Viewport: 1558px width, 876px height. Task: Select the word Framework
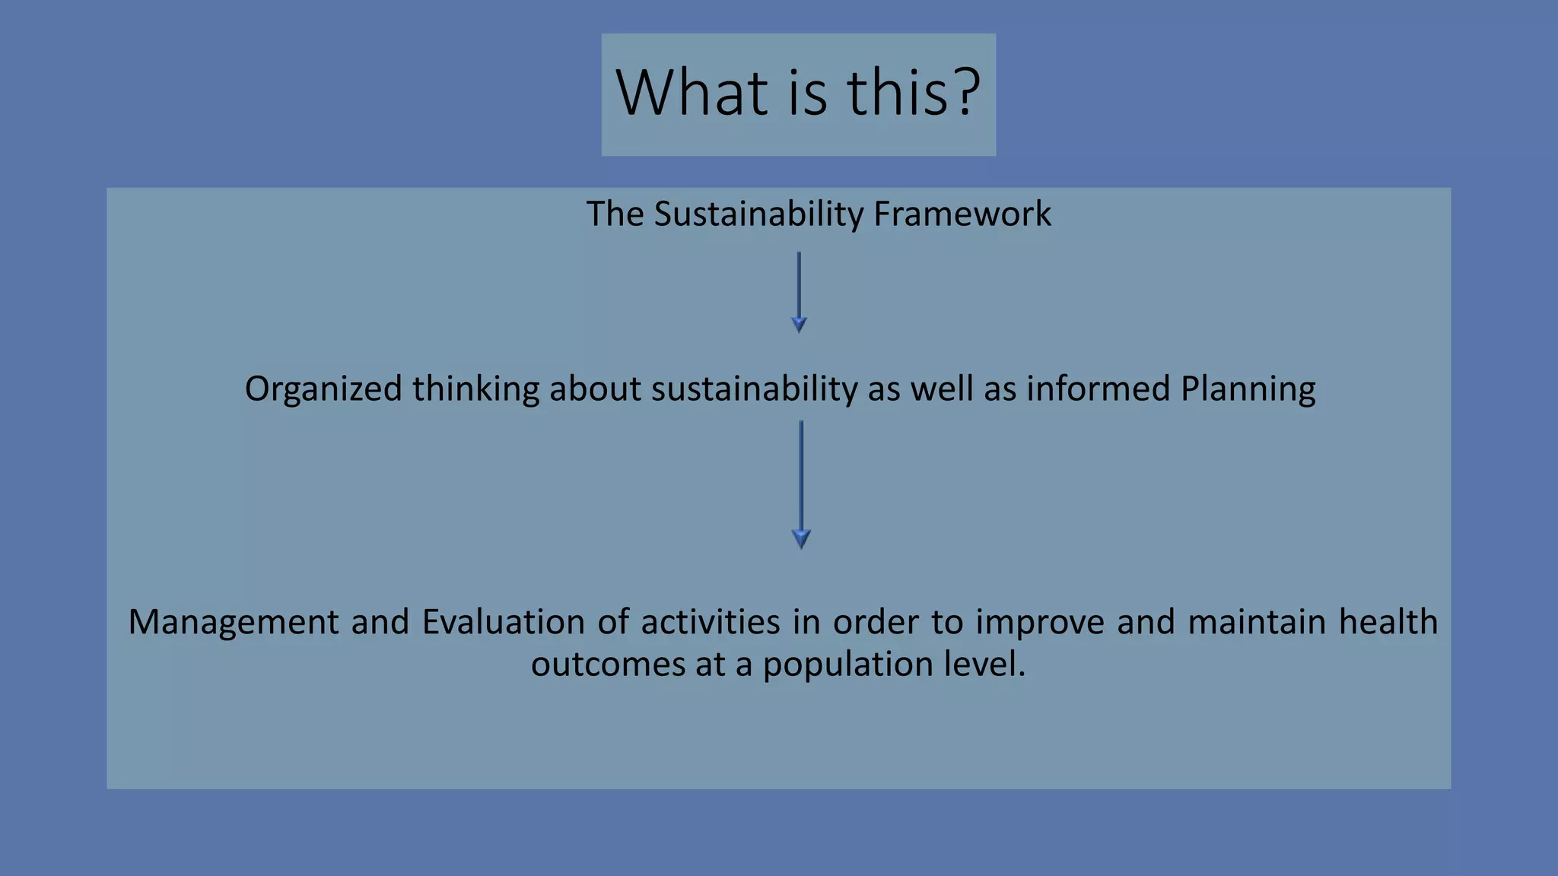pyautogui.click(x=962, y=214)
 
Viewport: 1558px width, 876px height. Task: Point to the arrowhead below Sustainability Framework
pyautogui.click(x=799, y=325)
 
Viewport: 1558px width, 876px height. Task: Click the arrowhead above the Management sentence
pyautogui.click(x=801, y=539)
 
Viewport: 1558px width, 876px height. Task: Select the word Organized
pyautogui.click(x=323, y=389)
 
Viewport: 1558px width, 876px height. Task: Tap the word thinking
pyautogui.click(x=476, y=389)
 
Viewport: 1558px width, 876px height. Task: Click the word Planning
pyautogui.click(x=1248, y=389)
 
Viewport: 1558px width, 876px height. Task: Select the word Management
pyautogui.click(x=234, y=623)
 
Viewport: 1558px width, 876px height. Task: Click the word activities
pyautogui.click(x=711, y=622)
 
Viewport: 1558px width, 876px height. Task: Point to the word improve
pyautogui.click(x=1040, y=622)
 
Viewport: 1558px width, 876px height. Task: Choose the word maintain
pyautogui.click(x=1256, y=622)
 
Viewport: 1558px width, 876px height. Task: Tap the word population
pyautogui.click(x=847, y=665)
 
